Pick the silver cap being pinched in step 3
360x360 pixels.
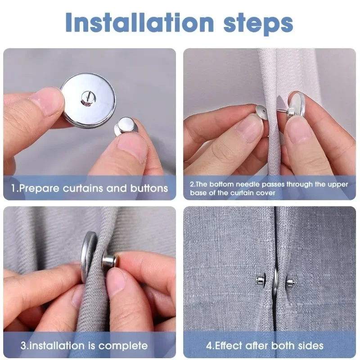(110, 262)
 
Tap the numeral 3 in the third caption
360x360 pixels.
(23, 346)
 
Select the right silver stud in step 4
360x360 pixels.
(290, 283)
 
